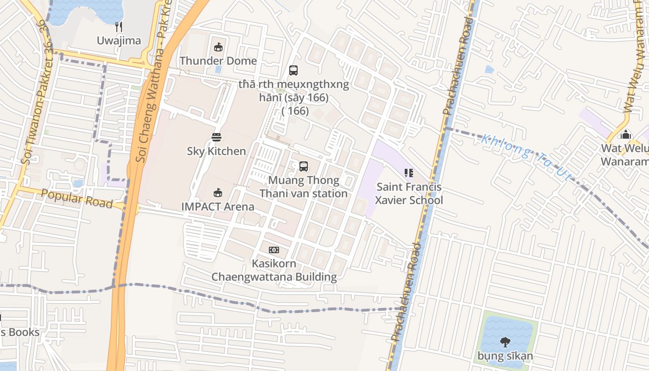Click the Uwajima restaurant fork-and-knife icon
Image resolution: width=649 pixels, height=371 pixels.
tap(119, 27)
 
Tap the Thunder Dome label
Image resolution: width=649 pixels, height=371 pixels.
tap(218, 61)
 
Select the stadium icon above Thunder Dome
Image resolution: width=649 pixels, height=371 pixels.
tap(218, 47)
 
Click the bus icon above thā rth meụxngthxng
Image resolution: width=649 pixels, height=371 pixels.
tap(293, 70)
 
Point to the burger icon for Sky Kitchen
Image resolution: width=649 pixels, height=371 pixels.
tap(216, 137)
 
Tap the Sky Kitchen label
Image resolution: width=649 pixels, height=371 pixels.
tap(216, 151)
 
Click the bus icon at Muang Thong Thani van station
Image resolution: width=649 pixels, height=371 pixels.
tap(304, 166)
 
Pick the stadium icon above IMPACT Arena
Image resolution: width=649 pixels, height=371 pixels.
tap(217, 192)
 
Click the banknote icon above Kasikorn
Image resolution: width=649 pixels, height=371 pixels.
tap(274, 250)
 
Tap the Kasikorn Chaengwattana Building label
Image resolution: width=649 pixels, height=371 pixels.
tap(274, 270)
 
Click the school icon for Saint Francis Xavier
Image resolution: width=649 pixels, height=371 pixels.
tap(409, 173)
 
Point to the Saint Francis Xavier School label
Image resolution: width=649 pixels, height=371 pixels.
tap(409, 194)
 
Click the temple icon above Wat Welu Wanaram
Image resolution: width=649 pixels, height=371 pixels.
tap(626, 135)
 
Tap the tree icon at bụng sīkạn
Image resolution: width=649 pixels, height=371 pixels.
tap(505, 342)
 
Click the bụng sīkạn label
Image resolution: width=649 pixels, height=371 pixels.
tap(505, 356)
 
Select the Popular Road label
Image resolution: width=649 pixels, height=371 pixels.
tap(77, 198)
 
